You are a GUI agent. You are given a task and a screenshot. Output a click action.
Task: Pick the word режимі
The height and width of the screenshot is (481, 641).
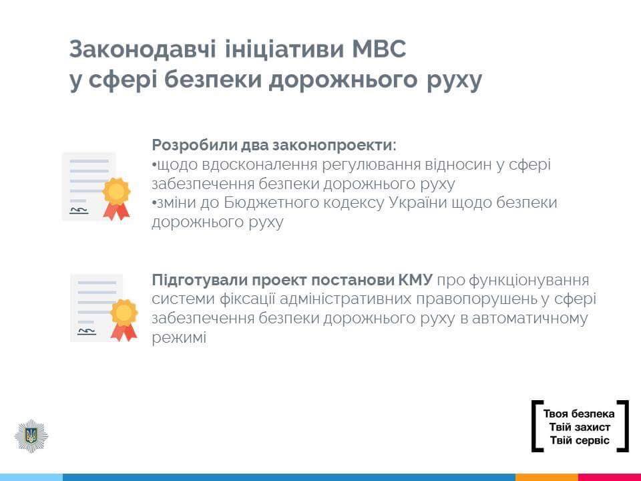click(x=179, y=338)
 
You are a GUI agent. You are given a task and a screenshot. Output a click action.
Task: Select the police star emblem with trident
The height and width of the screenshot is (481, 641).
click(x=31, y=436)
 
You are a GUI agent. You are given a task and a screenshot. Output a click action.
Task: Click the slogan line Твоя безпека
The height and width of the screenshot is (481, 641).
click(x=579, y=414)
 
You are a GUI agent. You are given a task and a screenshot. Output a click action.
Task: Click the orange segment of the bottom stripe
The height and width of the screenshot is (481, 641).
click(x=546, y=477)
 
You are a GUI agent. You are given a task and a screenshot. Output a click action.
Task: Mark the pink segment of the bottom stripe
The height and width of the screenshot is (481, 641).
click(x=609, y=477)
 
